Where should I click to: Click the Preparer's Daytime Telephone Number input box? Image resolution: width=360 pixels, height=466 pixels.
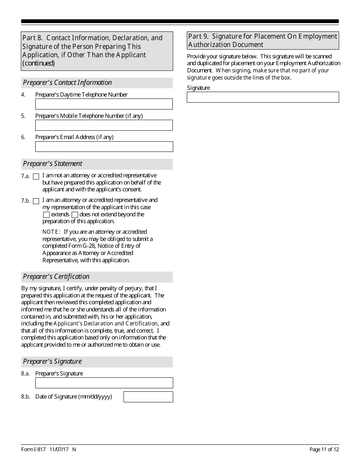pos(104,104)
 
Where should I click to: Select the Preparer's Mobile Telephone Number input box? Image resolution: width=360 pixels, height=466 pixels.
pos(104,125)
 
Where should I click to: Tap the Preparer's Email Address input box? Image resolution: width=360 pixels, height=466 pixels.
pos(104,147)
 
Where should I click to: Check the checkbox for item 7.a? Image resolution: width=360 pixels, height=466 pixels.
pos(36,177)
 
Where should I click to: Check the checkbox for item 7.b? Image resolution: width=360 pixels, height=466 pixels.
pos(36,201)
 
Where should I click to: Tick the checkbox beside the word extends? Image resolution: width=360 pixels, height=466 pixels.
pos(46,215)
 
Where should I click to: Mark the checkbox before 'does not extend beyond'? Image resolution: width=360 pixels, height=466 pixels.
pos(75,215)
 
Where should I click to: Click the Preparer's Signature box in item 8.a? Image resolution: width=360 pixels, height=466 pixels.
pos(104,383)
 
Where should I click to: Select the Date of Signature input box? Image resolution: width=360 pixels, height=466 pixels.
pos(148,397)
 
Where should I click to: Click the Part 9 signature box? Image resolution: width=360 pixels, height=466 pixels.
pos(263,97)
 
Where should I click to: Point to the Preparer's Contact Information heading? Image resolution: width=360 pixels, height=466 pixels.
pos(67,83)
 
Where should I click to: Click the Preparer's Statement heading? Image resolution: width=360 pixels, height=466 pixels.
pos(53,164)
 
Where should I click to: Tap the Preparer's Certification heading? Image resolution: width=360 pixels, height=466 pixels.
pos(56,277)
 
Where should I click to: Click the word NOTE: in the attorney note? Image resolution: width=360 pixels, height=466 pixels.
pos(51,232)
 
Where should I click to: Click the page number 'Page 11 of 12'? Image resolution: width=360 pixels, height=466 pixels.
pos(324,449)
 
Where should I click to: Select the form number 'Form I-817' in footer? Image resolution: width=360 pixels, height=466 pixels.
pos(33,449)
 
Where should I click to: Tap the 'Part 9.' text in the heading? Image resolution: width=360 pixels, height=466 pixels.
pos(199,36)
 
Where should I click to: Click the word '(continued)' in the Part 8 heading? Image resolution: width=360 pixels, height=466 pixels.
pos(38,63)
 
